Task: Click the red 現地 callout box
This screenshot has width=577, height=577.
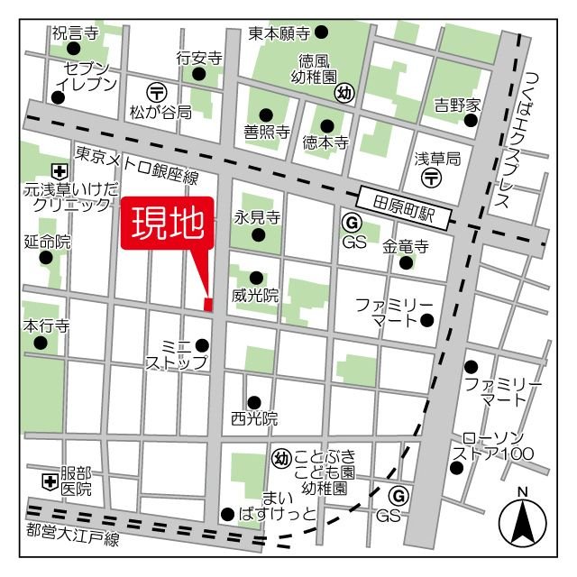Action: click(168, 222)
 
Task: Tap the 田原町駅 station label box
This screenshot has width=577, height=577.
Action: click(403, 200)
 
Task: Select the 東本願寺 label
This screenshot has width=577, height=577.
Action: click(279, 33)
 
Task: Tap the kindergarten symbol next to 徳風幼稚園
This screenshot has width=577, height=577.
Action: click(344, 92)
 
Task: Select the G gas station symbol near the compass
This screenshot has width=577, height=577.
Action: click(398, 495)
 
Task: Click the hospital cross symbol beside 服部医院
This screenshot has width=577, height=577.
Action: click(50, 481)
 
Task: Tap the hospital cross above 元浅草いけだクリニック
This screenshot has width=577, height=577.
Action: click(59, 170)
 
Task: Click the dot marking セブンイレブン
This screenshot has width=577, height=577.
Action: click(59, 97)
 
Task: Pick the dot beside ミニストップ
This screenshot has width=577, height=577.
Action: click(202, 344)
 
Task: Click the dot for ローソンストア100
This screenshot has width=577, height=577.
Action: click(456, 467)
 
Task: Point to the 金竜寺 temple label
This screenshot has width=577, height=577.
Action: click(405, 245)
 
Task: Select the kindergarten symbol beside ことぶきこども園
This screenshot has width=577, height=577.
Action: click(280, 459)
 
